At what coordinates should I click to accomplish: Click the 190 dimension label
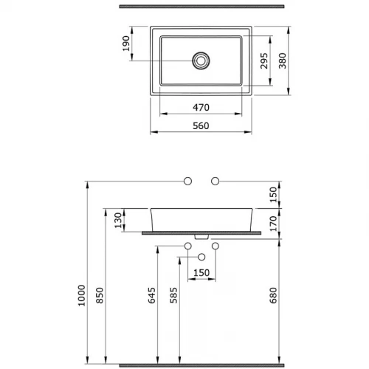[126, 44]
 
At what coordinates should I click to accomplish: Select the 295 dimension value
[264, 61]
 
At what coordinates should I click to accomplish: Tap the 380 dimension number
[283, 61]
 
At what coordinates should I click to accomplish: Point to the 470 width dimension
[201, 107]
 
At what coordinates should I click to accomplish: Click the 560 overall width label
[201, 125]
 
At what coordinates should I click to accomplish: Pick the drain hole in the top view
[201, 61]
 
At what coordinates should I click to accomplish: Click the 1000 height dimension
[81, 295]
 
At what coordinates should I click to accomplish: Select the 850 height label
[100, 295]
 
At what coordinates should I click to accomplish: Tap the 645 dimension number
[151, 295]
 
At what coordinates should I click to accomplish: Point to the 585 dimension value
[173, 295]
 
